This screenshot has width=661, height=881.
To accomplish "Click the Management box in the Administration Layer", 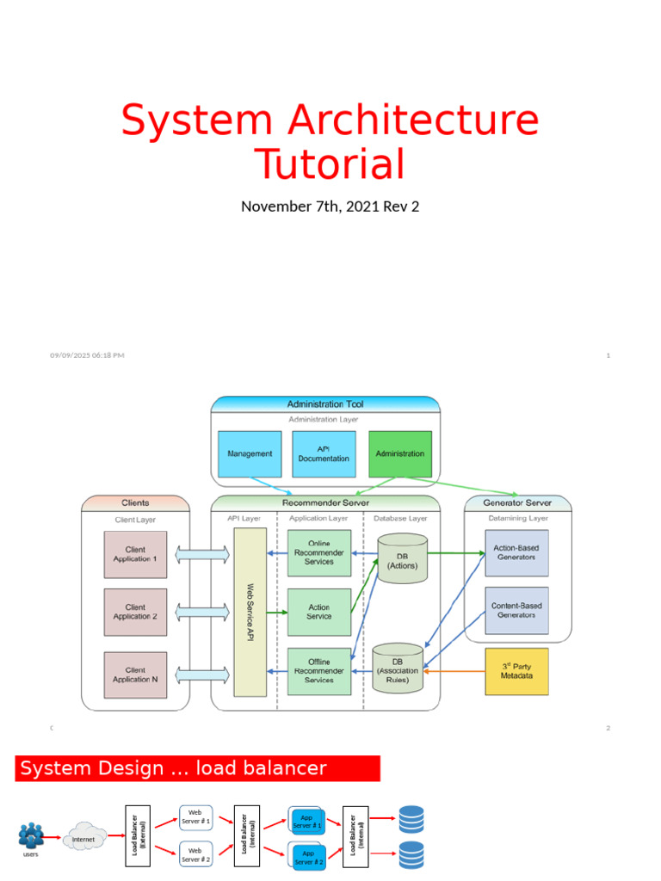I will coord(250,453).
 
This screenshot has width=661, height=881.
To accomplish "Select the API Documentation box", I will coord(324,453).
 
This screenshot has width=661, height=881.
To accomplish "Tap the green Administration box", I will coord(400,453).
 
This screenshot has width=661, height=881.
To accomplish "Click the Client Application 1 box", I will coord(135,554).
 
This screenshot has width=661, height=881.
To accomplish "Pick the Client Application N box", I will coord(135,675).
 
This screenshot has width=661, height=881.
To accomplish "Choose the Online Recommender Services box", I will coord(319,552).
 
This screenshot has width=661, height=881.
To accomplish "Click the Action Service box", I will coord(319,612).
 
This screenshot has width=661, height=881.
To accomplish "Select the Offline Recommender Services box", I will coord(319,671).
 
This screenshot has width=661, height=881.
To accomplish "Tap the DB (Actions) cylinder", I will coord(403,558).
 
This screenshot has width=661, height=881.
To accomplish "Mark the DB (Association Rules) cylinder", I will coord(397,668).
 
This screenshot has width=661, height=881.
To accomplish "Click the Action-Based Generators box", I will coord(516,552).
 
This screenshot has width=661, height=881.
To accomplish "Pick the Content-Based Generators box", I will coord(516,610).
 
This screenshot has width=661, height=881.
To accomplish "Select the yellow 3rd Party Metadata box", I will coord(516,671).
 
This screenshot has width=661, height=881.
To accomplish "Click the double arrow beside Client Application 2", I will coord(202,612).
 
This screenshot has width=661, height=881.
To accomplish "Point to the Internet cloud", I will coord(83,838).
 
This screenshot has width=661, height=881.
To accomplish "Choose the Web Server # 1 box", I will coord(195,816).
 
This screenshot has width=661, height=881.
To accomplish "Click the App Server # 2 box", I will coord(307,857).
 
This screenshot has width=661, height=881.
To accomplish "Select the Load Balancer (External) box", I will coord(138,835).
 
